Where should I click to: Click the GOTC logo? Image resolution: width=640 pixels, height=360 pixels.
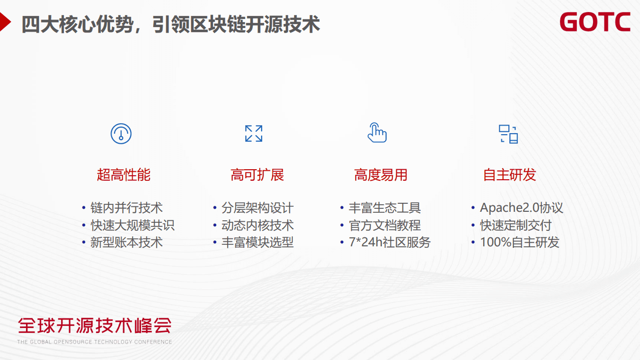594,23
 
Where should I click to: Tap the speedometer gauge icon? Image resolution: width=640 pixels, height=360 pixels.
121,134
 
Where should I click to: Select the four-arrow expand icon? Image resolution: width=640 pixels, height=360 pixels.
254,134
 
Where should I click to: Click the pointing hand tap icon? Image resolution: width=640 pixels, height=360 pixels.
377,133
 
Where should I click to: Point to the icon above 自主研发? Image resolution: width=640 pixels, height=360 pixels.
508,134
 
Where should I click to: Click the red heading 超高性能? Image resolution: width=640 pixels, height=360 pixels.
124,175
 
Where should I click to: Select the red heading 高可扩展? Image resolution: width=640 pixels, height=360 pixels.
257,175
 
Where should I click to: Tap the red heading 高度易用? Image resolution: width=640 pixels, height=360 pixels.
381,175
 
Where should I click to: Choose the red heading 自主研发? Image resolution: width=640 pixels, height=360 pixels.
509,175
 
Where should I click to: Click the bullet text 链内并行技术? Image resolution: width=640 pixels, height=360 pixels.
127,208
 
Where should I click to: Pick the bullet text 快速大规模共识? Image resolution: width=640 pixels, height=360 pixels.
133,225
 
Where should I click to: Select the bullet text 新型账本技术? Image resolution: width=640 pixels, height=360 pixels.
127,242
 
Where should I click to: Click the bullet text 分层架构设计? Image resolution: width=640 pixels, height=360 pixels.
257,208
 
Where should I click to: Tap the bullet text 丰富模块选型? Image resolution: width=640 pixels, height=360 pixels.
257,242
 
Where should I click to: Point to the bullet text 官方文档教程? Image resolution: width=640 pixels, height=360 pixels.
385,225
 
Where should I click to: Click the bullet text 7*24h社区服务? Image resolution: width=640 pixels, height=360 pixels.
389,242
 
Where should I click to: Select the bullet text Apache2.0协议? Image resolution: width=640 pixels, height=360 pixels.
521,208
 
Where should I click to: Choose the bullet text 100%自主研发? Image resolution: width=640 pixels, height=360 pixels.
519,242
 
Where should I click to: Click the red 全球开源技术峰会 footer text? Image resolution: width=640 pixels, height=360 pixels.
95,325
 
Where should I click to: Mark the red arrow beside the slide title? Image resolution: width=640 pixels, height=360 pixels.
5,23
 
